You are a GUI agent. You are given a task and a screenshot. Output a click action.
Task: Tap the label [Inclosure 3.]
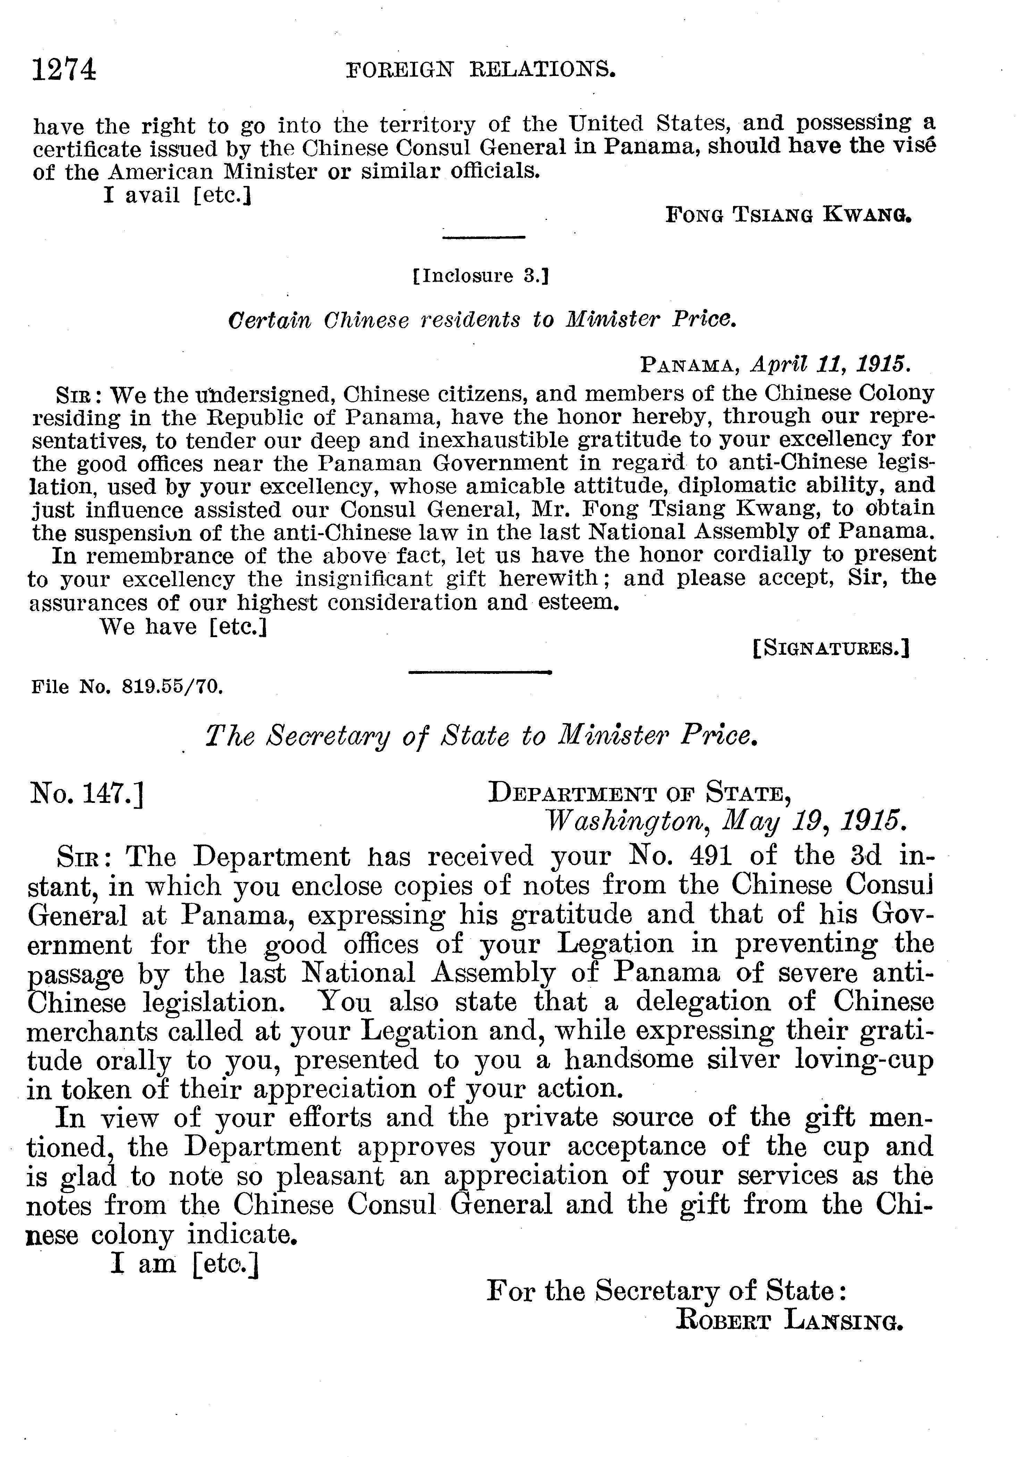[481, 276]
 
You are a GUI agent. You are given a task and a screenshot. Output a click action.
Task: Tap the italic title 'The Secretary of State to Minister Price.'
[482, 736]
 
